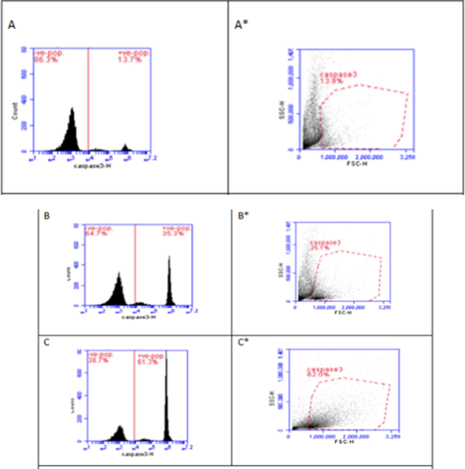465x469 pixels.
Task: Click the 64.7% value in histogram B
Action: [94, 234]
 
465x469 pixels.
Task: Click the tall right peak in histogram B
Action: [169, 279]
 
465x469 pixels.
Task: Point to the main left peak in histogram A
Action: [71, 129]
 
